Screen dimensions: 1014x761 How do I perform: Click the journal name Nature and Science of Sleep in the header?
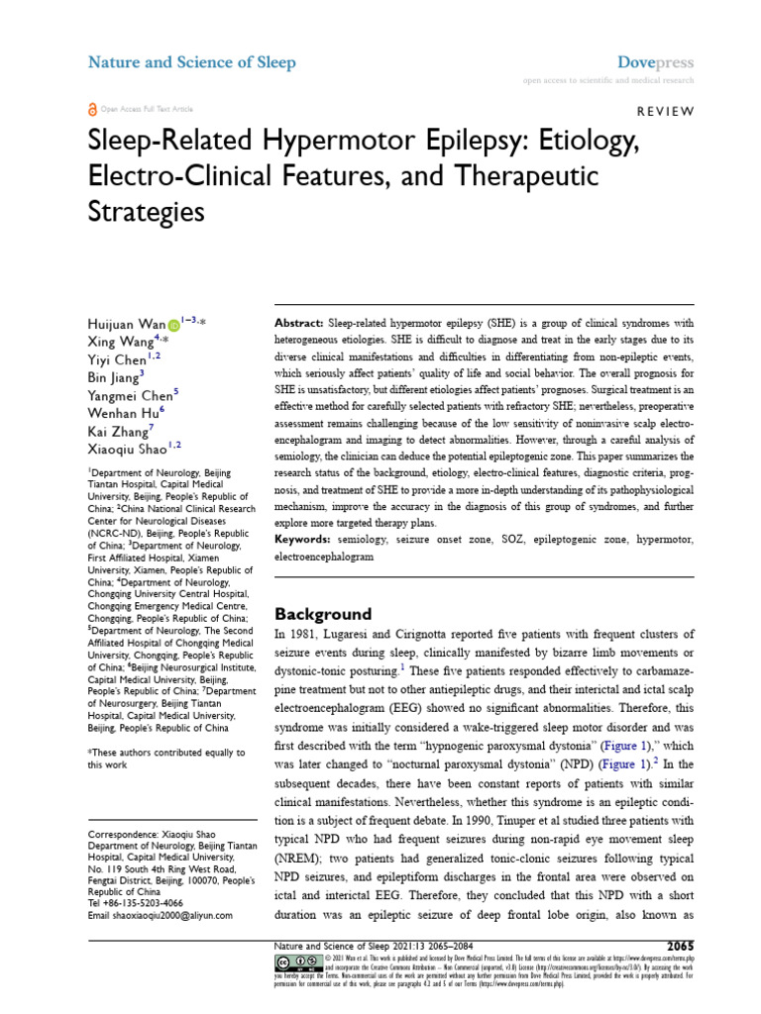192,63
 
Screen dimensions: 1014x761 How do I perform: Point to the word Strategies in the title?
147,211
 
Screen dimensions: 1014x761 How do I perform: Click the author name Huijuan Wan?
125,324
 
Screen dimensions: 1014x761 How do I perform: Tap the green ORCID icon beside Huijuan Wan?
174,324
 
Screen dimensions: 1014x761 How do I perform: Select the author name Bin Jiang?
114,375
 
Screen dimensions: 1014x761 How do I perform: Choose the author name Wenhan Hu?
122,410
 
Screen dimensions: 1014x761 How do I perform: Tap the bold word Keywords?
302,540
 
